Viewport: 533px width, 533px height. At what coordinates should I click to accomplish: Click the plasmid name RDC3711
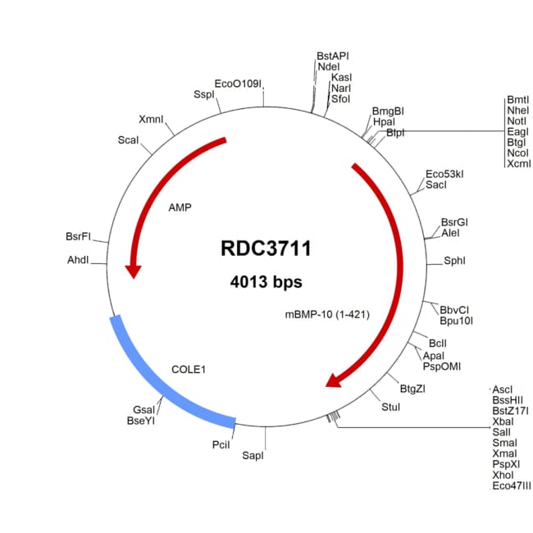266,248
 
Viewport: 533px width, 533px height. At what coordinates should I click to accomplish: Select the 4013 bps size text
266,282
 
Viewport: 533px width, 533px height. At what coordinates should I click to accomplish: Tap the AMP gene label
180,207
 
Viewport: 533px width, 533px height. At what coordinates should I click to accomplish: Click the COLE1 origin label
189,370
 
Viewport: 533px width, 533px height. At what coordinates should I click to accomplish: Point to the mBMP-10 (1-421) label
327,314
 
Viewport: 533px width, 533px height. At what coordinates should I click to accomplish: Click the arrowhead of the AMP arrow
133,271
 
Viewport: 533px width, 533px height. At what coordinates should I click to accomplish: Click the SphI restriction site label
454,261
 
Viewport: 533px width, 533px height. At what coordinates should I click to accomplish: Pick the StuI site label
390,407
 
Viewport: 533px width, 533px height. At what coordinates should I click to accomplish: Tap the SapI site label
253,455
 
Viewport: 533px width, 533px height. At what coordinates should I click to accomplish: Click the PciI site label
221,444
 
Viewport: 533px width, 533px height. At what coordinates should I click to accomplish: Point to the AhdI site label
78,260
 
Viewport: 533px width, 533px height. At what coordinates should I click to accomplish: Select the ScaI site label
128,140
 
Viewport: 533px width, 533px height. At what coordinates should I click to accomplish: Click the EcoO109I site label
238,84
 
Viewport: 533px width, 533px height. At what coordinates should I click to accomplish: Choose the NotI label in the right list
517,121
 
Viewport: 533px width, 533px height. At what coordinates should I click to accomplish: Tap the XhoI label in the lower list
503,475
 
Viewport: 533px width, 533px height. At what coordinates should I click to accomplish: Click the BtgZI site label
412,389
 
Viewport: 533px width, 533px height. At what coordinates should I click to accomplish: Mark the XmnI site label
151,120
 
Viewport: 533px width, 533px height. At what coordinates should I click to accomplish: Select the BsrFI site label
78,236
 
